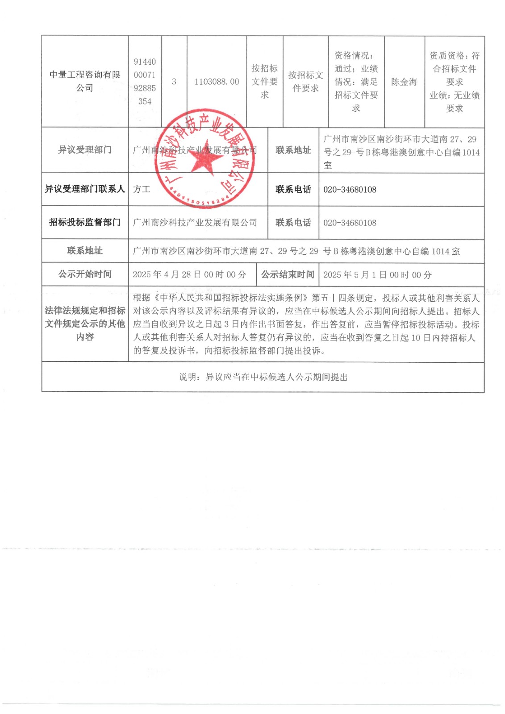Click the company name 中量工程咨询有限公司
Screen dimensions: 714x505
pyautogui.click(x=85, y=81)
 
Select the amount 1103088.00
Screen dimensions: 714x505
pyautogui.click(x=217, y=82)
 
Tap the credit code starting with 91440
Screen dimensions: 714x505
pyautogui.click(x=145, y=81)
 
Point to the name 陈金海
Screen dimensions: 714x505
pyautogui.click(x=404, y=82)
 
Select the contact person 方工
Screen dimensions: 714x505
pyautogui.click(x=141, y=189)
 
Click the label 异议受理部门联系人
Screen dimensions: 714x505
pyautogui.click(x=85, y=189)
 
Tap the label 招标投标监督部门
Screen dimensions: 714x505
pyautogui.click(x=85, y=222)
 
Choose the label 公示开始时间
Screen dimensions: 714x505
pyautogui.click(x=85, y=274)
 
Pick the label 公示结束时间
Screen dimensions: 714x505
pyautogui.click(x=288, y=274)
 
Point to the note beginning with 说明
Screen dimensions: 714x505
pyautogui.click(x=263, y=377)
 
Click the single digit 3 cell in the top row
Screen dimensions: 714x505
pyautogui.click(x=174, y=82)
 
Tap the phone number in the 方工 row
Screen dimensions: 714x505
pyautogui.click(x=350, y=190)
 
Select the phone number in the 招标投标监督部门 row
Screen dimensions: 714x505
pyautogui.click(x=350, y=223)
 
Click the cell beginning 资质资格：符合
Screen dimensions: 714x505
pyautogui.click(x=455, y=82)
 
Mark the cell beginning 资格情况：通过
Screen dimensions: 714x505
pyautogui.click(x=356, y=82)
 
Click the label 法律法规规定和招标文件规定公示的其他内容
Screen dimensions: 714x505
pyautogui.click(x=85, y=324)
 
